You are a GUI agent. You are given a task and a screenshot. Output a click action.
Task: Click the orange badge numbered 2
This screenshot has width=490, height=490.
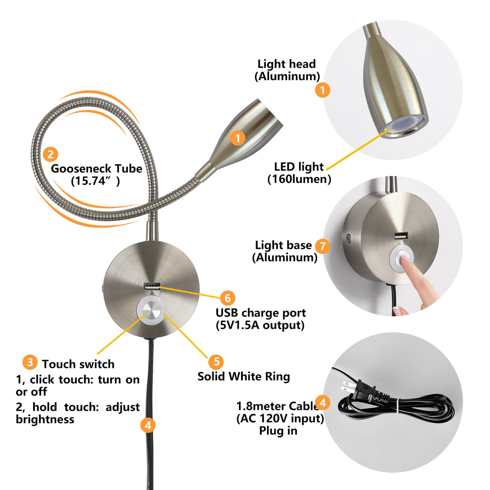[x=50, y=154]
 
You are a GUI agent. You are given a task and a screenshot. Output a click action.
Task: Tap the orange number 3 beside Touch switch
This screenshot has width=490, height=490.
[x=30, y=362]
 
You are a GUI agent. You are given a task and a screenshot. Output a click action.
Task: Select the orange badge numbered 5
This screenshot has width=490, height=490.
[x=216, y=361]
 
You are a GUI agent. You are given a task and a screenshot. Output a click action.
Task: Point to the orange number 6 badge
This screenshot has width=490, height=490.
[x=227, y=298]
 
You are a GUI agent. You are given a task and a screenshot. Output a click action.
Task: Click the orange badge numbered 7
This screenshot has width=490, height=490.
[x=323, y=246]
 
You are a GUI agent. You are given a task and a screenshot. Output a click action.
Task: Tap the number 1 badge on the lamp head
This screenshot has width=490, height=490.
[x=238, y=138]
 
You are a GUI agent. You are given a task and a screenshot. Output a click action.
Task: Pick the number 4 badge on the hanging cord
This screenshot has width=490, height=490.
[x=148, y=425]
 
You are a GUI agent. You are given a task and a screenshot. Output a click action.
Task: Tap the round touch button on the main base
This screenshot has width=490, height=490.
[x=151, y=310]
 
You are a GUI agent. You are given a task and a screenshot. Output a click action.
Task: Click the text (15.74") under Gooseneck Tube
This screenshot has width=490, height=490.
[x=95, y=181]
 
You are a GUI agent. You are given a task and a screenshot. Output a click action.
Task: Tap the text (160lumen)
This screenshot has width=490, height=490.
[x=299, y=179]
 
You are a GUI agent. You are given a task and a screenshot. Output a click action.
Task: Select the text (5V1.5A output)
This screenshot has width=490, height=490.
[x=260, y=325]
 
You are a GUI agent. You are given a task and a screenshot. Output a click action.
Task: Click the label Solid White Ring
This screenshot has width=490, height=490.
[x=244, y=376]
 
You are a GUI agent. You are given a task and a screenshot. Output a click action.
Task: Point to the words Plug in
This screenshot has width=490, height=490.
[x=278, y=431]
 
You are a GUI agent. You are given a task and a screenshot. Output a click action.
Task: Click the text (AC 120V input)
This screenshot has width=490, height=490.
[x=280, y=418]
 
